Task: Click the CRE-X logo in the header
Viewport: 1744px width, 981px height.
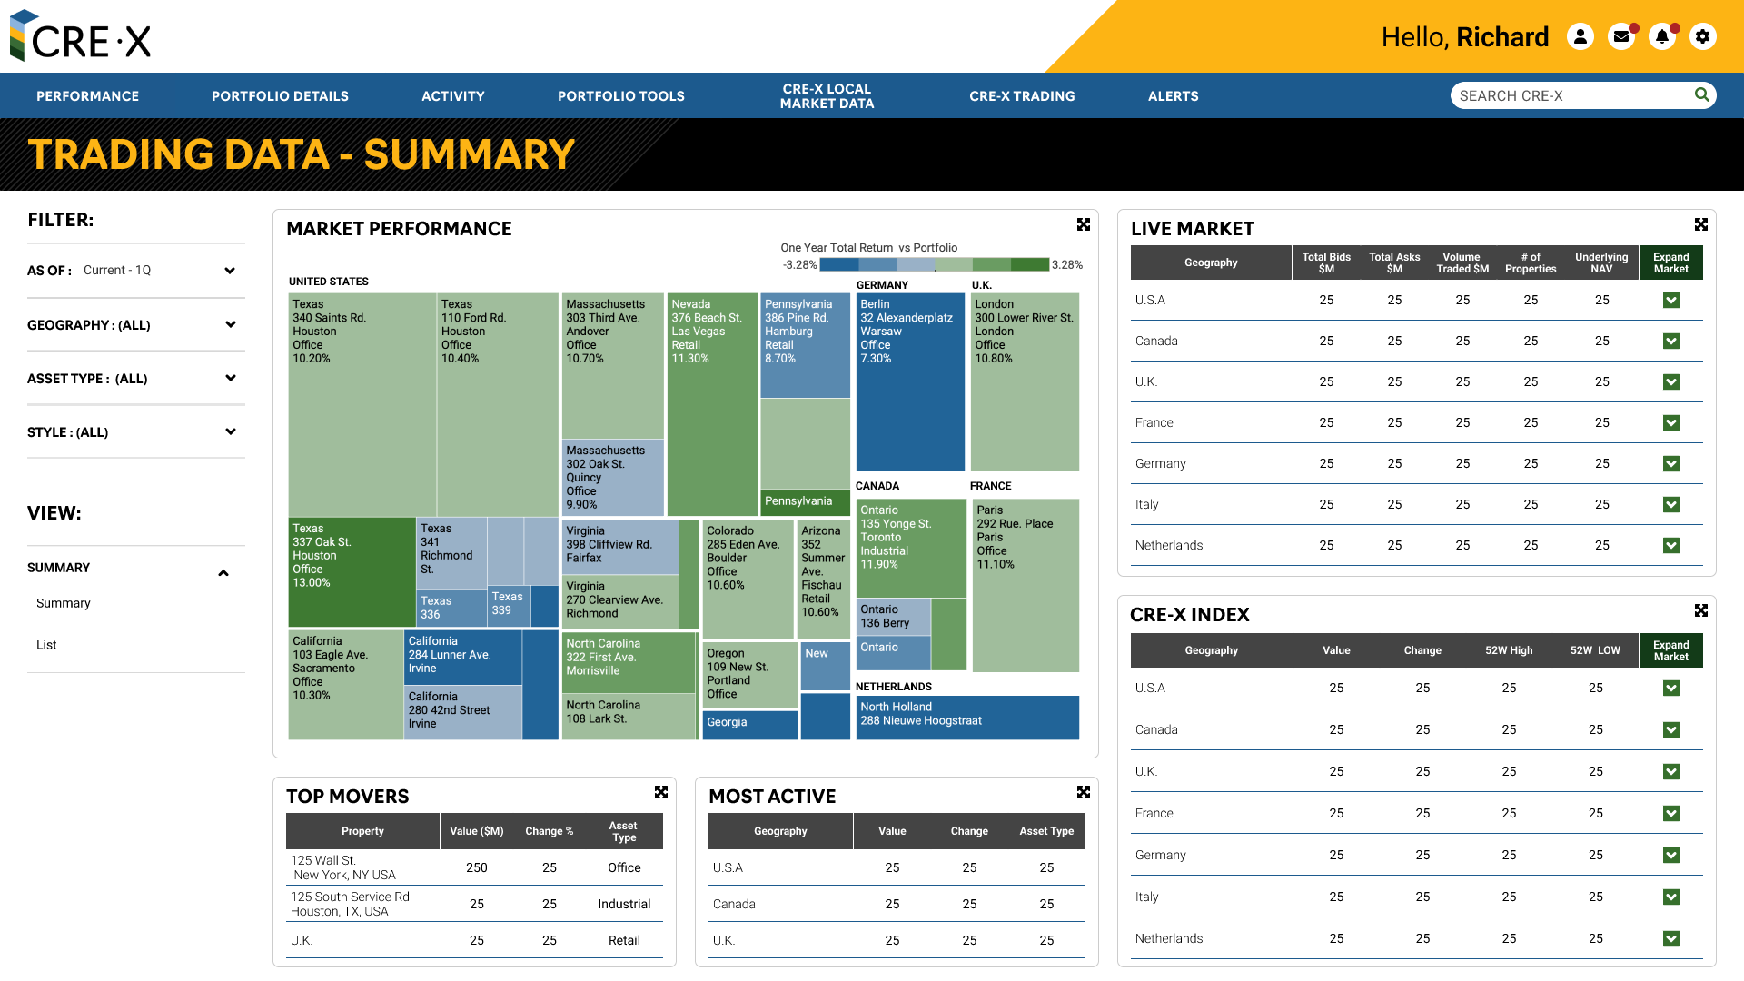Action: coord(80,37)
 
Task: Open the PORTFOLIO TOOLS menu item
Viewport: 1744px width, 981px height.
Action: coord(620,96)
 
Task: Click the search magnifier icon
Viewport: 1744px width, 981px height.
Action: coord(1701,94)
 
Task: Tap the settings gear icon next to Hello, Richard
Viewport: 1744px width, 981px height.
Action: coord(1702,36)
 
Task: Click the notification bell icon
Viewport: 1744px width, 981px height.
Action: coord(1661,36)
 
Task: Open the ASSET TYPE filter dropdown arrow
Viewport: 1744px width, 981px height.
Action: coord(230,378)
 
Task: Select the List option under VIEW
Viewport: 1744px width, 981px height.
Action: coord(46,645)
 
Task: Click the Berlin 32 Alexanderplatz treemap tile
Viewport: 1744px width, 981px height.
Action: coord(909,381)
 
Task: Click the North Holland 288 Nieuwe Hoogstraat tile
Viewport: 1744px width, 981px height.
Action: coord(966,717)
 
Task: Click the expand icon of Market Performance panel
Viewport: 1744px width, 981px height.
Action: coord(1083,224)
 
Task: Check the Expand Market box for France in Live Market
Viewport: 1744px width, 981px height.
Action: coord(1670,422)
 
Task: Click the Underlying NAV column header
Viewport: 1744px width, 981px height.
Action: coord(1600,263)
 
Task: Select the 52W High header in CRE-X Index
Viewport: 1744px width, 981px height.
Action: coord(1508,650)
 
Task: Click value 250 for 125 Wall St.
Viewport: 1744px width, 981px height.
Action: coord(476,867)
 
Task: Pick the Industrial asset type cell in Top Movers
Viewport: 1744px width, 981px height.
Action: coord(623,904)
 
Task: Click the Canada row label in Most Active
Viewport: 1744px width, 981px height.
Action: coord(734,904)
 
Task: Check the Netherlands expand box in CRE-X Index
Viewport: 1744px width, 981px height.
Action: coord(1670,938)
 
